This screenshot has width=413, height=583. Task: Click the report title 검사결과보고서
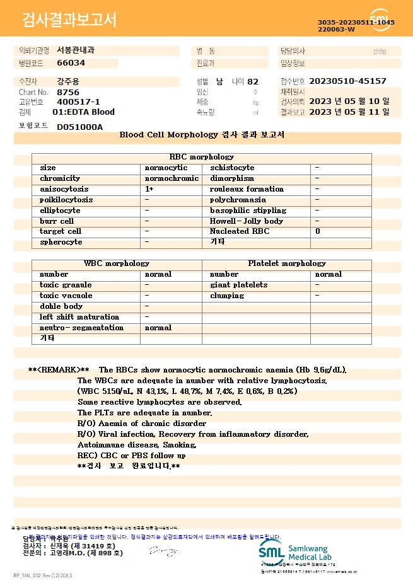pyautogui.click(x=69, y=20)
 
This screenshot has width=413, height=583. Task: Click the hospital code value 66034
pyautogui.click(x=71, y=63)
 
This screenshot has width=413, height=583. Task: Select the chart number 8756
pyautogui.click(x=68, y=92)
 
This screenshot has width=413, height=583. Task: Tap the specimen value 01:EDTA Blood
pyautogui.click(x=83, y=112)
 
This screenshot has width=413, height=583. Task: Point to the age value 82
pyautogui.click(x=253, y=81)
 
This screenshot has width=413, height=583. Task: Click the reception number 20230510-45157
pyautogui.click(x=349, y=81)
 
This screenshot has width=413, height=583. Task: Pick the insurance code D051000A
pyautogui.click(x=79, y=127)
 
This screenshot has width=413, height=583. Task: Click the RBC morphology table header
pyautogui.click(x=202, y=157)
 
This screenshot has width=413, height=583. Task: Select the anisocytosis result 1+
pyautogui.click(x=149, y=189)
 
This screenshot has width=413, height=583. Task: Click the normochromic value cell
pyautogui.click(x=172, y=178)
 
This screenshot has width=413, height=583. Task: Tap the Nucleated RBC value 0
pyautogui.click(x=317, y=231)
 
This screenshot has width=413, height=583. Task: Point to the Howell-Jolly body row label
pyautogui.click(x=247, y=221)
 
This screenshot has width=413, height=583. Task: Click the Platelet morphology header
pyautogui.click(x=287, y=263)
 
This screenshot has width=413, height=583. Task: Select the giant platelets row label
pyautogui.click(x=238, y=285)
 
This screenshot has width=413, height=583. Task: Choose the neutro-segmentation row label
pyautogui.click(x=81, y=328)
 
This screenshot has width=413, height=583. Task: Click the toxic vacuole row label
pyautogui.click(x=66, y=296)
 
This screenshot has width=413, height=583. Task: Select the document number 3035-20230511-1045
pyautogui.click(x=356, y=22)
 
